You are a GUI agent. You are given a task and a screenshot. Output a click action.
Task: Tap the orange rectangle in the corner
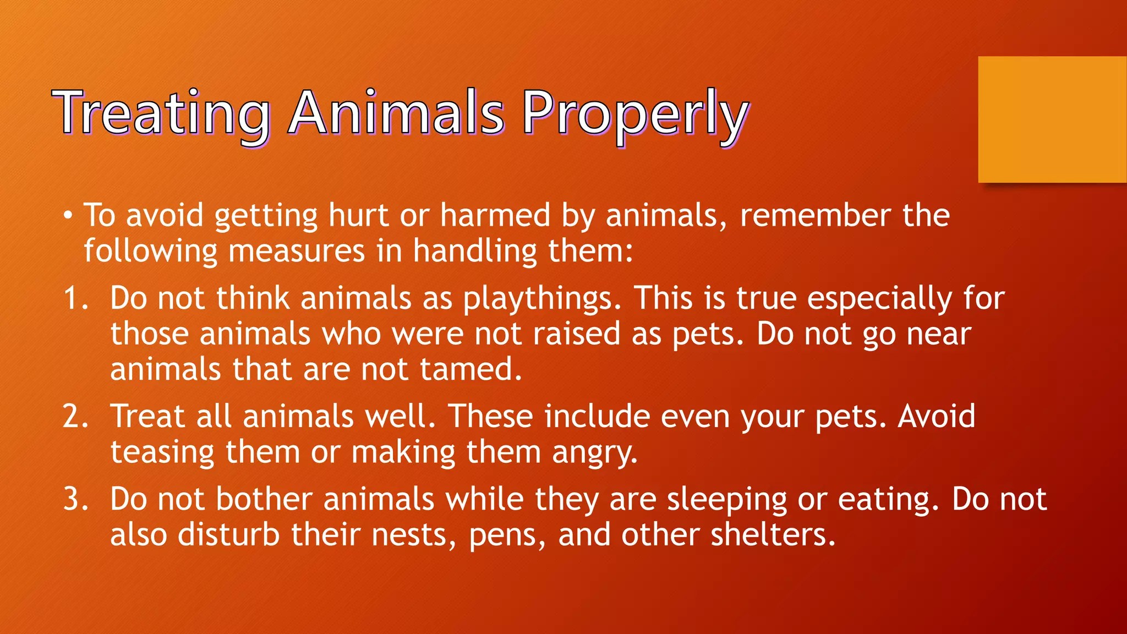[x=1052, y=119]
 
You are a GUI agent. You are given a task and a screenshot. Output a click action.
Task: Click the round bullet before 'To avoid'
[x=67, y=215]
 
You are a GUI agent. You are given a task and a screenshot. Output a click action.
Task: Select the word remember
[x=814, y=215]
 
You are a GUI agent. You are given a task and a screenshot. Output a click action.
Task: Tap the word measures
[x=297, y=252]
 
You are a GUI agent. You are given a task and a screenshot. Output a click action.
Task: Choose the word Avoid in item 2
[x=937, y=417]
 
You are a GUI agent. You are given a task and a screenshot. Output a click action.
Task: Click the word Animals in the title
[x=396, y=114]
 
